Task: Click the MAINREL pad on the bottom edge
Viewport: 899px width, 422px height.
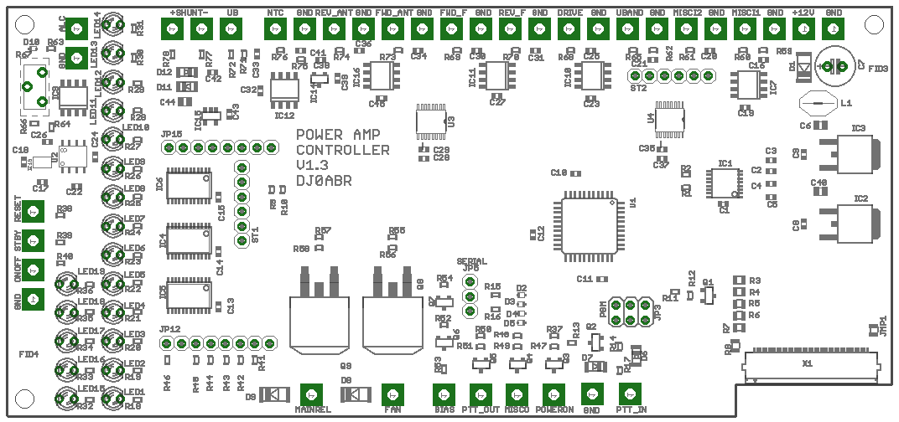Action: click(312, 394)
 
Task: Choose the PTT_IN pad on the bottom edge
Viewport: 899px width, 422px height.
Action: click(631, 394)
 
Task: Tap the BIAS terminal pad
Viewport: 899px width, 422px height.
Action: click(444, 394)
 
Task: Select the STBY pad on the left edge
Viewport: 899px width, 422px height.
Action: click(33, 240)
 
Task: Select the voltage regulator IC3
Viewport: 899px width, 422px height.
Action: click(849, 157)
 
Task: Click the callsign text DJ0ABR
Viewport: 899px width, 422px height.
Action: click(324, 180)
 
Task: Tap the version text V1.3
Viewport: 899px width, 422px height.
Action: click(314, 165)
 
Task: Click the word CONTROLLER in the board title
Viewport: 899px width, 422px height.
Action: click(342, 150)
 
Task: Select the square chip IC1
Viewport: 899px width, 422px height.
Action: click(724, 183)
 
